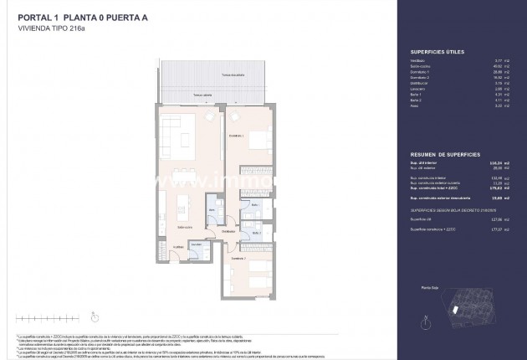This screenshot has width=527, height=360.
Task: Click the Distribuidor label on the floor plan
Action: pyautogui.click(x=228, y=232)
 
